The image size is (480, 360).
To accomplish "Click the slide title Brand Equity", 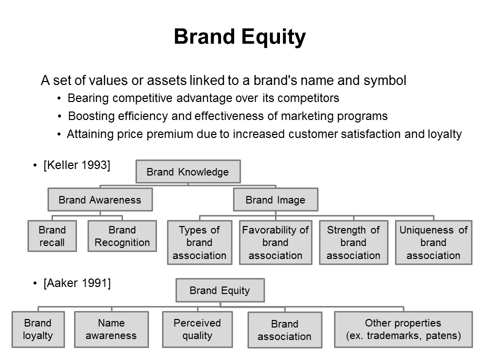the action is point(239,37).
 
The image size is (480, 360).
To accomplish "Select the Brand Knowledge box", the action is point(188,171).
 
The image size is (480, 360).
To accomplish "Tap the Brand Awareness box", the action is point(100,199).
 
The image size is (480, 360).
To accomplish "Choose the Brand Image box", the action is point(275,199).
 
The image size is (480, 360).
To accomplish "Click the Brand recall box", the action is point(52,236).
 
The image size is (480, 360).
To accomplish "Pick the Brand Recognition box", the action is point(122,236).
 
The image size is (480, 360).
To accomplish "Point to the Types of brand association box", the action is point(199,242).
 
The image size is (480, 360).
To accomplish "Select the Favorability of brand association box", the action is point(275,242).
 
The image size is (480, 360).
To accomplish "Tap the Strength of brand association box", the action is point(353,242).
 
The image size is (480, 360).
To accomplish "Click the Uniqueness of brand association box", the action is point(433,242).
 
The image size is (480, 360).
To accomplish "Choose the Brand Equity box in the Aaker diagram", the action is point(220,290).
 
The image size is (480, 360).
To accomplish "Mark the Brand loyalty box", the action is point(38,329).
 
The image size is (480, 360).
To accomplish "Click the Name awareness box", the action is point(111,329).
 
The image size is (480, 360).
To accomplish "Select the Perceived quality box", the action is point(197,329).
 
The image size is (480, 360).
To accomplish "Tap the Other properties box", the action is point(403,329).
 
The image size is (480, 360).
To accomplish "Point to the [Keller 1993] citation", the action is point(77,165).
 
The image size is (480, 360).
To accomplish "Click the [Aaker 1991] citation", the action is point(77,283).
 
